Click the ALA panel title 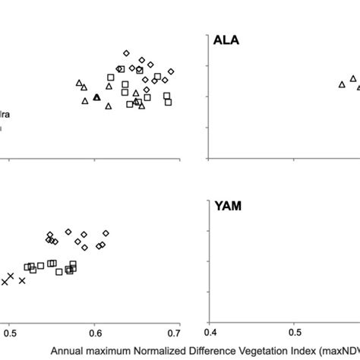(229, 42)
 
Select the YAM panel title (229, 206)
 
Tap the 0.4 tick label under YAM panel (211, 331)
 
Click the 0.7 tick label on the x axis (175, 331)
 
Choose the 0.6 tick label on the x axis (95, 331)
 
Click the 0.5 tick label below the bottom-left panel (10, 331)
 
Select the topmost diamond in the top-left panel (127, 53)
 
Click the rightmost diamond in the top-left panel (171, 71)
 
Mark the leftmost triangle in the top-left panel (79, 83)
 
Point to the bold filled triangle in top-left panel (96, 97)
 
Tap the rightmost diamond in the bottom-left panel (106, 233)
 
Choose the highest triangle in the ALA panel (353, 78)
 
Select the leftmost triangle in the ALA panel (342, 84)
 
